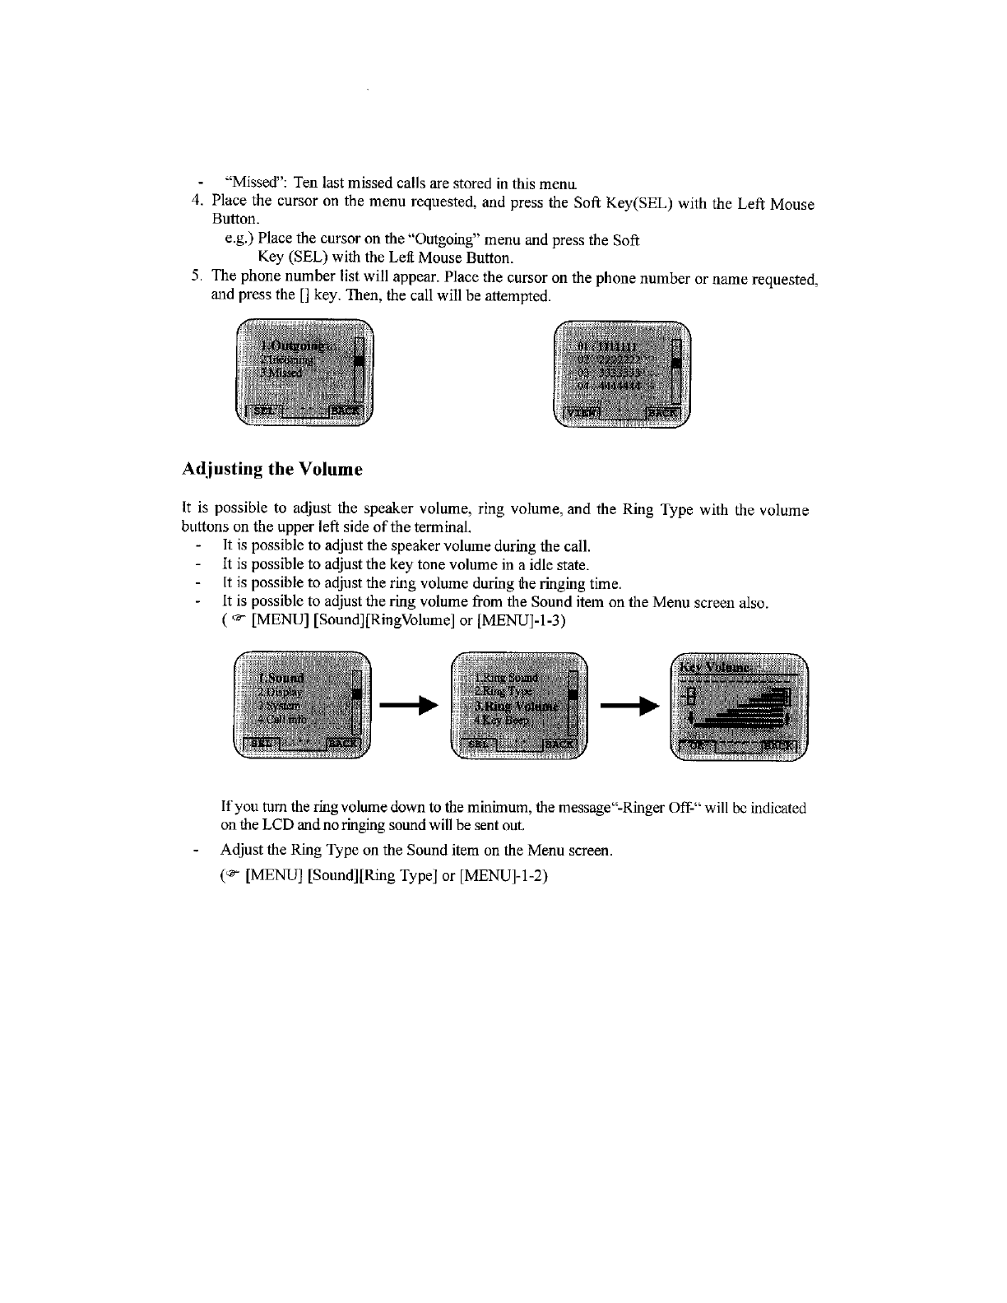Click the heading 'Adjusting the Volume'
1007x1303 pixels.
271,470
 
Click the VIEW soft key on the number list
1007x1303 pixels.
581,413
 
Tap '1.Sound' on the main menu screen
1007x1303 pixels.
281,677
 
